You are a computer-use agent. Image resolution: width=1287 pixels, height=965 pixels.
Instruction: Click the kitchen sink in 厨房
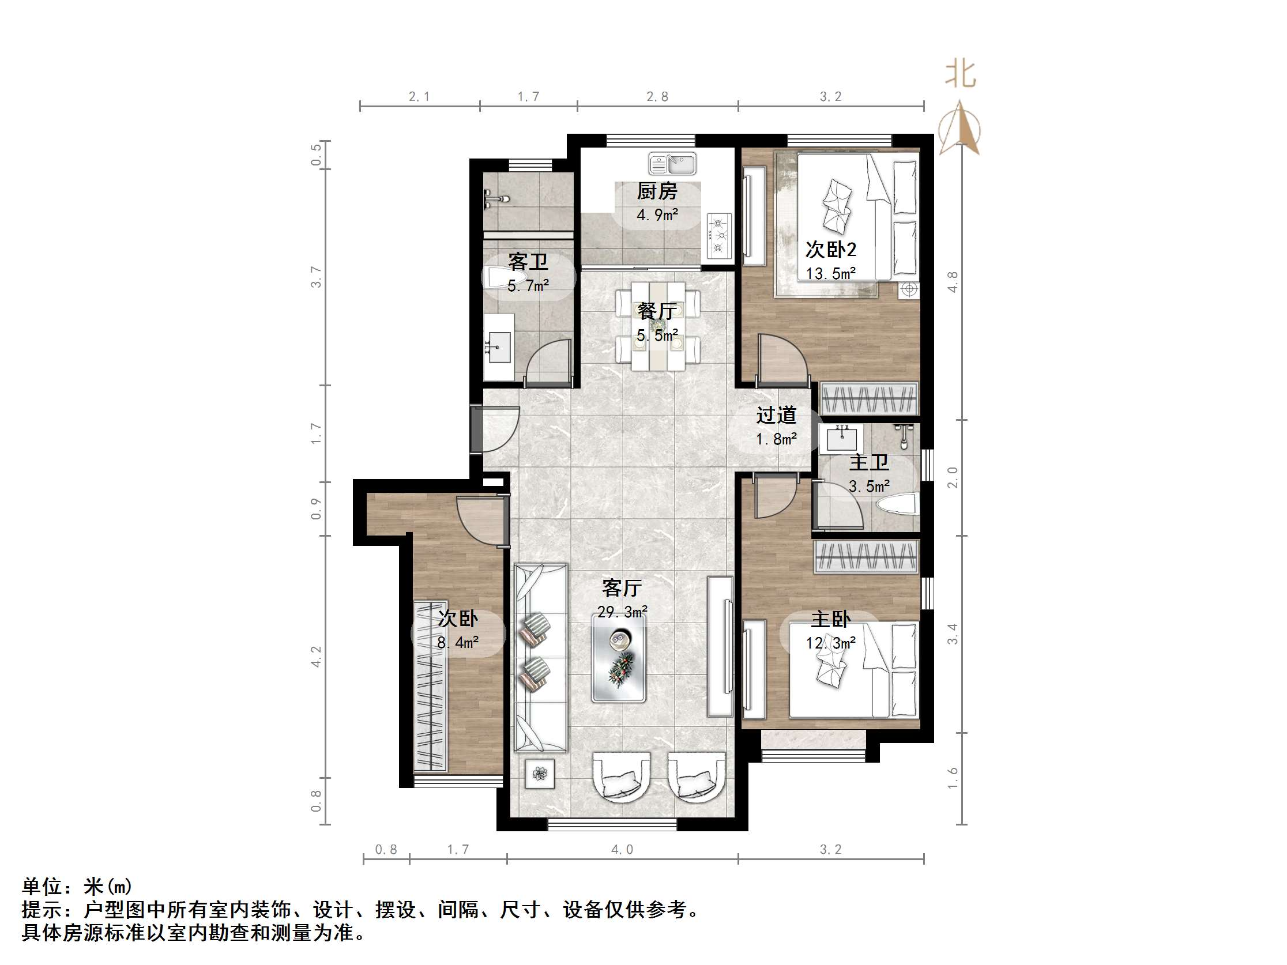[x=672, y=164]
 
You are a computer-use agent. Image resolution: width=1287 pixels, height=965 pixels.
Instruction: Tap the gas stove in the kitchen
[x=719, y=236]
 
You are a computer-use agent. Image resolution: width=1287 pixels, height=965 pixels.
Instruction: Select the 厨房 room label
[x=657, y=191]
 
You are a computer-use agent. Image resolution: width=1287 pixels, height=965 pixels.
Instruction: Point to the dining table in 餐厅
[x=658, y=326]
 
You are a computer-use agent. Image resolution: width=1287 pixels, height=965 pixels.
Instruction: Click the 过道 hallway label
[x=776, y=415]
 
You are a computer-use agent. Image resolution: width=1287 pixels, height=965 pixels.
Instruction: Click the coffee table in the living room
[x=619, y=657]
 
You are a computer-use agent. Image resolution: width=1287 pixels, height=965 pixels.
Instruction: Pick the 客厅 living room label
[x=622, y=588]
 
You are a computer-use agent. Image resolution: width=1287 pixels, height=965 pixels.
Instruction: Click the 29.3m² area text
[x=623, y=612]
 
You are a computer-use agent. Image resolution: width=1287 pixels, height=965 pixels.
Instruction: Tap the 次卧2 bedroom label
[x=830, y=250]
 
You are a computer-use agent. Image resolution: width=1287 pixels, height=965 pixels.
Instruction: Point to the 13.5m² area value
[x=830, y=273]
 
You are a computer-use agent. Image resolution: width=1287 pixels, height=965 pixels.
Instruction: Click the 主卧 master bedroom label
[x=831, y=619]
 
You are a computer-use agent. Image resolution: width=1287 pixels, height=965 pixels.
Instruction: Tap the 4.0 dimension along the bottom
[x=622, y=850]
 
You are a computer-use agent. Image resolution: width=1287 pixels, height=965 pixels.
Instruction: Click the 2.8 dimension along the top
[x=657, y=97]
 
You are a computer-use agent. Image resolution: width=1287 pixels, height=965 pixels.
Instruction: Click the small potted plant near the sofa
[x=540, y=774]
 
